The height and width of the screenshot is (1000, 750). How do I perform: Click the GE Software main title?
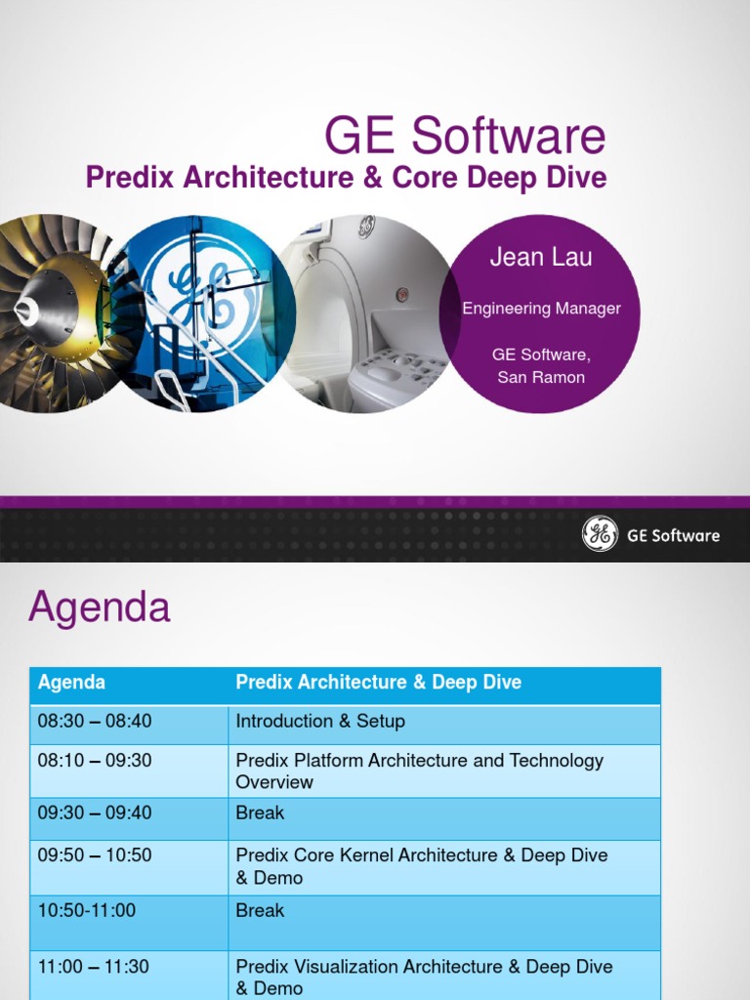pyautogui.click(x=465, y=137)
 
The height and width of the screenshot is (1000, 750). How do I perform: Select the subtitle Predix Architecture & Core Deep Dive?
pyautogui.click(x=346, y=178)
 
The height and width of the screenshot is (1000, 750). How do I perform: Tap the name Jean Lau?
pyautogui.click(x=540, y=258)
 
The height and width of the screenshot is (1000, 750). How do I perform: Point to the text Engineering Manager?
pyautogui.click(x=541, y=309)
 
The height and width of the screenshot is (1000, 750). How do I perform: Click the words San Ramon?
pyautogui.click(x=541, y=377)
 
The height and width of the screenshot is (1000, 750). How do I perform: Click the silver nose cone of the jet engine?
pyautogui.click(x=27, y=312)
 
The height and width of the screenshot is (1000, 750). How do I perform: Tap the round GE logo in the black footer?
pyautogui.click(x=600, y=534)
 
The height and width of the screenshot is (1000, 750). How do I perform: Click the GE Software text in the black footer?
pyautogui.click(x=673, y=535)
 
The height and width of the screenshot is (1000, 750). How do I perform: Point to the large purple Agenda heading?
pyautogui.click(x=100, y=607)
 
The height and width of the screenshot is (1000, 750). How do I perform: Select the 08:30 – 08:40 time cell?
pyautogui.click(x=95, y=722)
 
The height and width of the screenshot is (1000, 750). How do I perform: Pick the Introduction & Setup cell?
pyautogui.click(x=320, y=722)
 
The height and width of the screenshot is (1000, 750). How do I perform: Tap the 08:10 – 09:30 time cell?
pyautogui.click(x=95, y=761)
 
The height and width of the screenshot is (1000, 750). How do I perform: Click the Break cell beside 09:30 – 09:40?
pyautogui.click(x=260, y=812)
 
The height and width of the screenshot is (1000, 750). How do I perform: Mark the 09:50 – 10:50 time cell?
pyautogui.click(x=95, y=855)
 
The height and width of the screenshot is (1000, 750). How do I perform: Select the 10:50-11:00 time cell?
pyautogui.click(x=87, y=910)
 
